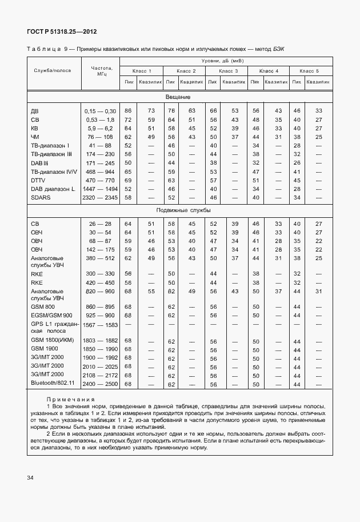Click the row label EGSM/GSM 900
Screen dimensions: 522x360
tap(51, 315)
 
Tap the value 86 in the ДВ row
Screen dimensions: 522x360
tap(128, 110)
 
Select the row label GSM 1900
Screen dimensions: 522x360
tap(45, 349)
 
